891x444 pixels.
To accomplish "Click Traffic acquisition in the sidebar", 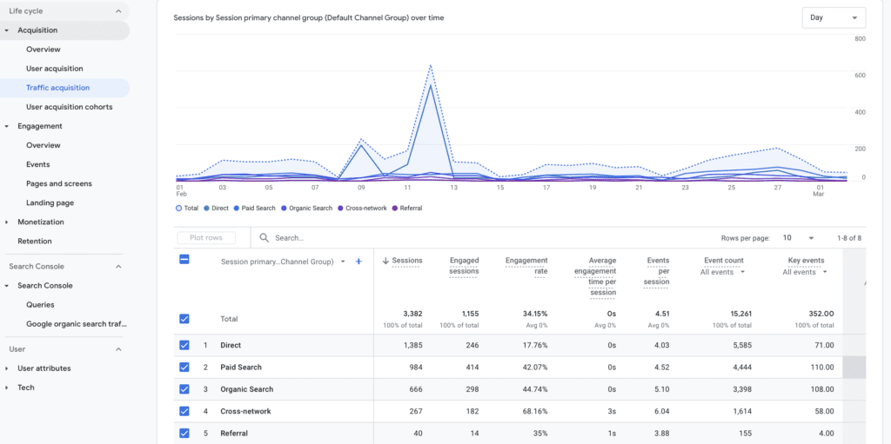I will pos(57,88).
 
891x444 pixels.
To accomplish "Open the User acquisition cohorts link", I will pos(69,107).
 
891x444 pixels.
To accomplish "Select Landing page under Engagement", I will pos(50,202).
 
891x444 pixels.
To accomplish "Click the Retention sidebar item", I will pos(35,241).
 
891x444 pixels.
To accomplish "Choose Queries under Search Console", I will pos(40,305).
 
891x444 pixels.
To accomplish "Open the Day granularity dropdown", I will pos(833,17).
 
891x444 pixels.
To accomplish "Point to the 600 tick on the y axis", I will pos(860,76).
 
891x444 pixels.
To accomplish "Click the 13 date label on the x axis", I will pos(453,187).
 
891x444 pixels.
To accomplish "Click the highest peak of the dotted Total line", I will pos(431,65).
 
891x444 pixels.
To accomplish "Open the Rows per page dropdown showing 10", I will pos(798,238).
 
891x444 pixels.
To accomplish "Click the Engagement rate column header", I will pos(526,265).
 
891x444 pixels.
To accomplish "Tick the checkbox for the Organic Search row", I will pos(184,389).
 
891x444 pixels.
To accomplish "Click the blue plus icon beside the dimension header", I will pos(358,262).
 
